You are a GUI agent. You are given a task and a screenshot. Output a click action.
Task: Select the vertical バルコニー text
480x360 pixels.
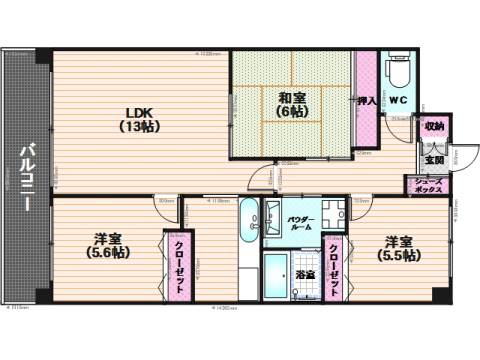[x=25, y=174]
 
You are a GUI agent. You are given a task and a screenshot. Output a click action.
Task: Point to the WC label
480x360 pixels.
[x=396, y=100]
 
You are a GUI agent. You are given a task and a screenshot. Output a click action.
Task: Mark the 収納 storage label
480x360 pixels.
[x=433, y=127]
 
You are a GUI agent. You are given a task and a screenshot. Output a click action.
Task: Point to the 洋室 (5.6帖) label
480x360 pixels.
[x=109, y=245]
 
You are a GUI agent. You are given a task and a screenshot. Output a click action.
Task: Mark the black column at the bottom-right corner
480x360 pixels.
[x=437, y=297]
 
